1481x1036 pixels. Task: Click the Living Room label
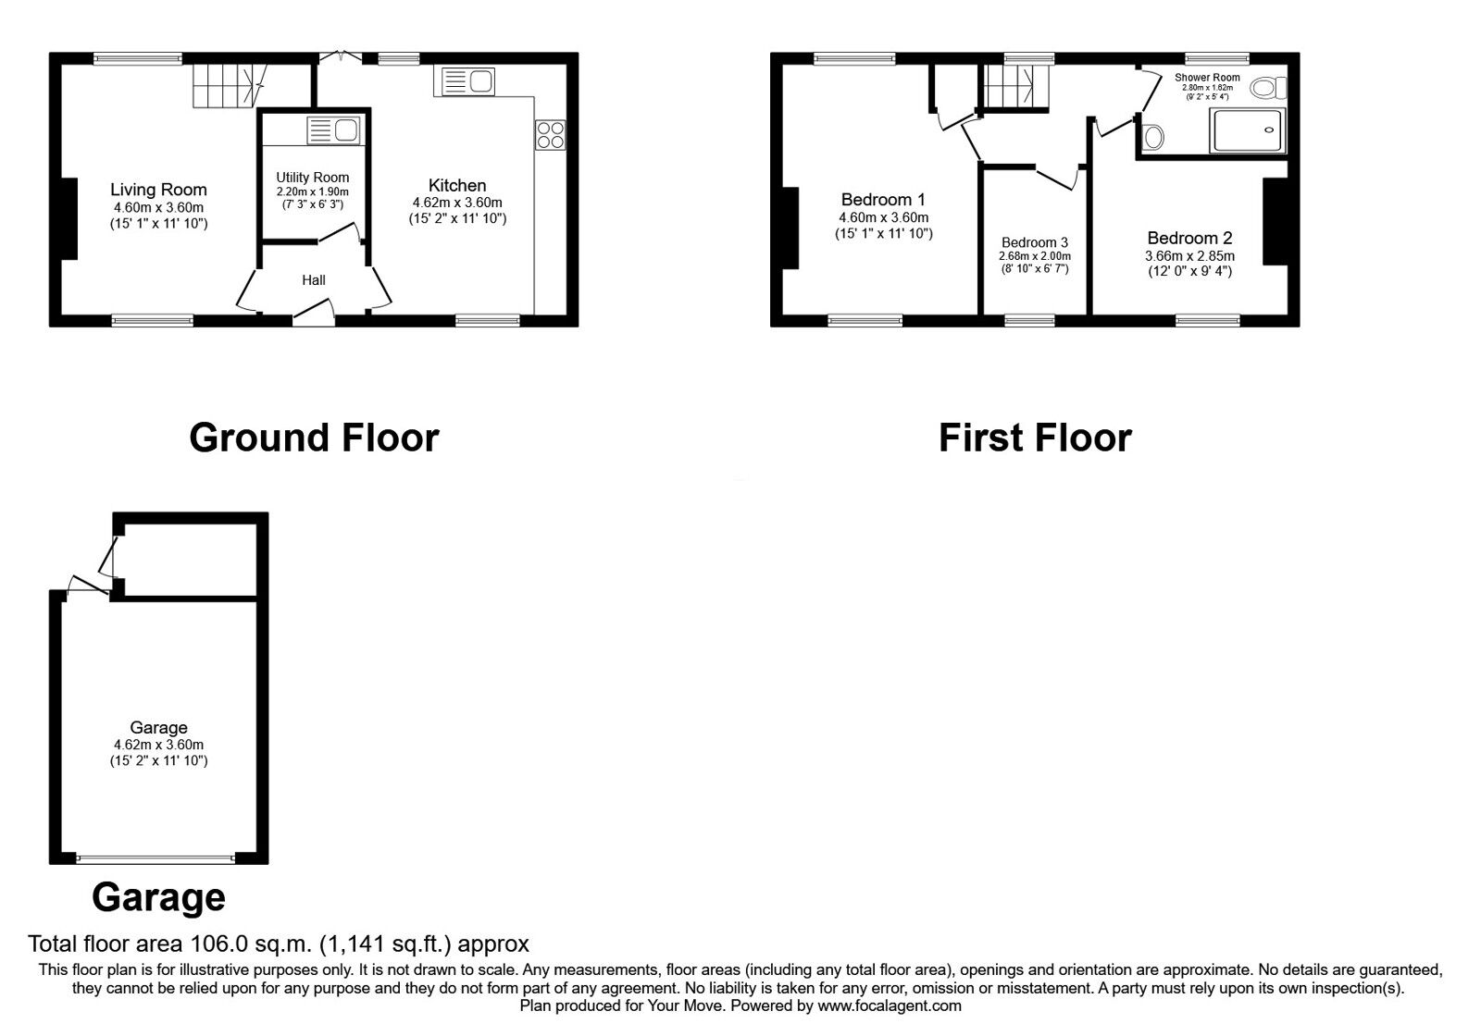point(158,190)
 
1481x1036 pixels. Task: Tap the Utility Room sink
point(333,130)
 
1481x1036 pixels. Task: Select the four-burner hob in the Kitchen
point(550,135)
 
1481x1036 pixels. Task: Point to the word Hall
point(314,280)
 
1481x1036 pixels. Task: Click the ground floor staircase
point(229,86)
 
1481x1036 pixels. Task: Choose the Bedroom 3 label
point(1035,242)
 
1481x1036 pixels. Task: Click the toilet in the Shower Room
point(1268,88)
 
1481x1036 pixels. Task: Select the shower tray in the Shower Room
point(1247,130)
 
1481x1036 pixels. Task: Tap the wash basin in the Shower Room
point(1153,137)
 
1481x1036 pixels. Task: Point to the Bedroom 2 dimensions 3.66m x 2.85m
point(1189,255)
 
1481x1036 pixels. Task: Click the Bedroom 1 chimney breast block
point(790,228)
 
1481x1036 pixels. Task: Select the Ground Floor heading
point(314,438)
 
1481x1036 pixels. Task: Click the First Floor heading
point(1035,438)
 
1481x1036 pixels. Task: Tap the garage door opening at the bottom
point(156,859)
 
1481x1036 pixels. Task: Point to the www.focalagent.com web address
point(890,1005)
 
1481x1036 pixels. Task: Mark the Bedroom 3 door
point(1058,177)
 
